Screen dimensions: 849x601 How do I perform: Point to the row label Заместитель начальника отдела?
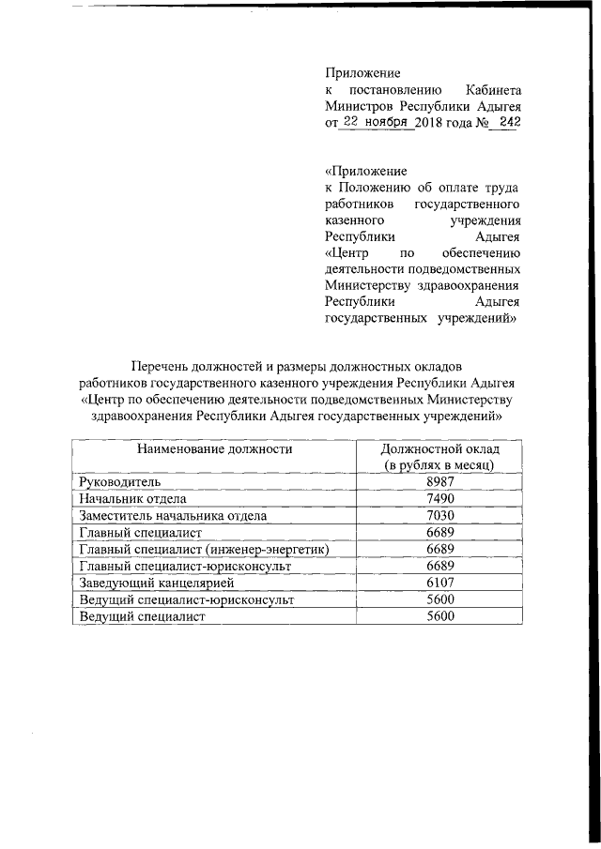coord(173,516)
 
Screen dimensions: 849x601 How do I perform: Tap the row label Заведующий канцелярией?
coord(151,583)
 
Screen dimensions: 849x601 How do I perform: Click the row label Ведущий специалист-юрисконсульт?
coord(186,599)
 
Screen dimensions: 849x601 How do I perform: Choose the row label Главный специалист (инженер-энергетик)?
coord(203,550)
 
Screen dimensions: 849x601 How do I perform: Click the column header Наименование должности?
coord(215,449)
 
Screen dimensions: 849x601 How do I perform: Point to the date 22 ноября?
coord(376,122)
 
